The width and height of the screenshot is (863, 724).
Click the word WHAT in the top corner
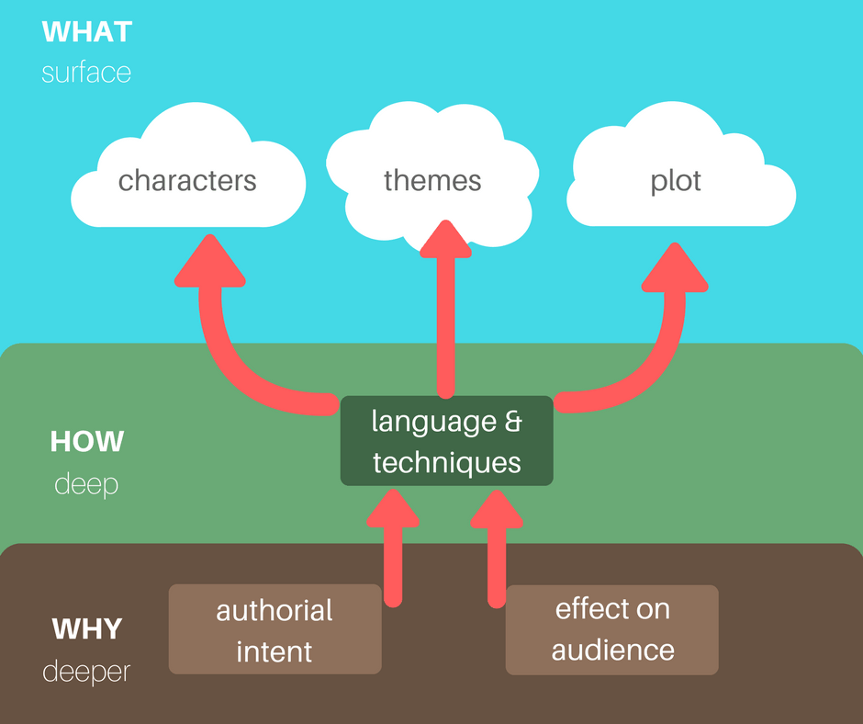(87, 32)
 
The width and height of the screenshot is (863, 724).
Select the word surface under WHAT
(86, 73)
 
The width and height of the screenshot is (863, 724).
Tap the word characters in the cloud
(187, 180)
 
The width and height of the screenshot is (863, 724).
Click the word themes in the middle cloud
(432, 180)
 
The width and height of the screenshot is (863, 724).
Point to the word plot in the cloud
(676, 181)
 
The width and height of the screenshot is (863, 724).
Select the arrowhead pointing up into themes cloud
(446, 239)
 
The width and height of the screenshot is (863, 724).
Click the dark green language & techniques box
(447, 441)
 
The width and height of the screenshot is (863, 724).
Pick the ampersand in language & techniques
(513, 422)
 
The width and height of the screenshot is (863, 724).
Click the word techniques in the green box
(447, 462)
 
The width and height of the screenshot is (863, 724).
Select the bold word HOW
(87, 441)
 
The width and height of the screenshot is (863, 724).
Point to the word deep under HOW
(86, 485)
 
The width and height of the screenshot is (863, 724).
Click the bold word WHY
(87, 628)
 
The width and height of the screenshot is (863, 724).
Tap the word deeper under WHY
(86, 672)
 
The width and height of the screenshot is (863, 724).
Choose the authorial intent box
(275, 629)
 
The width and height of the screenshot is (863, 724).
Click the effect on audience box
(612, 629)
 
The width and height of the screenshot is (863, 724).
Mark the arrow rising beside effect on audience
(497, 549)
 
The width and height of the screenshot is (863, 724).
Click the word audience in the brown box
(613, 650)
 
